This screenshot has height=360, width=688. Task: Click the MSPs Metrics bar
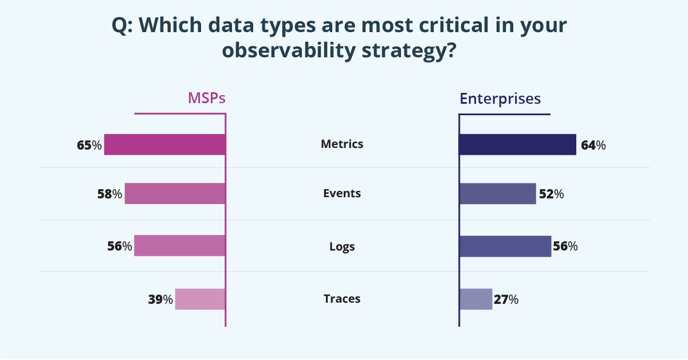(x=164, y=144)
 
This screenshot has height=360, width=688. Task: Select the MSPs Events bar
(x=175, y=194)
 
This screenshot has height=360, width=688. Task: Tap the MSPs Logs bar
(x=179, y=246)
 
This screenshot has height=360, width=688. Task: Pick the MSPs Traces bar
(x=200, y=299)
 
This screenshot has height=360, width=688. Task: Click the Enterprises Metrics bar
(x=517, y=144)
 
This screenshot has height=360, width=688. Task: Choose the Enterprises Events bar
(x=497, y=194)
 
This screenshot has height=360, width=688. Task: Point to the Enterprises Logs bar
(x=505, y=246)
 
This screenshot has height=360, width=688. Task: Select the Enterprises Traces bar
(x=475, y=299)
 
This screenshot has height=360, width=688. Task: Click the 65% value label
(x=89, y=146)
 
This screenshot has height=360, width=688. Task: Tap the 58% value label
(x=109, y=194)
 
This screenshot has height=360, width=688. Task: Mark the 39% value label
(x=160, y=299)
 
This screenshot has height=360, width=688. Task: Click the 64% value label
(x=593, y=146)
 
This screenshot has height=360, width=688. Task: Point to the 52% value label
(x=551, y=194)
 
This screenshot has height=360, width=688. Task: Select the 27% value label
(x=506, y=299)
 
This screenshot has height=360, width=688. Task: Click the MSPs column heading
(x=207, y=99)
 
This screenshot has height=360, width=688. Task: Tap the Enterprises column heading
(x=500, y=99)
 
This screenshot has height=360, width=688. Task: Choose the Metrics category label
(x=342, y=144)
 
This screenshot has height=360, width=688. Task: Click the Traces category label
(x=342, y=299)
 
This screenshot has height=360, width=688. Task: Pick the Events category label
(x=342, y=193)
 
